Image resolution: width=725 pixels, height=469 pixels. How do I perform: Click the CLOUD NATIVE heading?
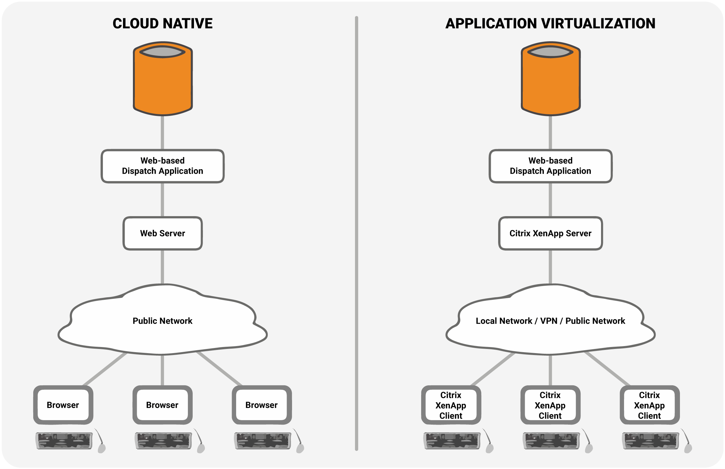click(x=162, y=24)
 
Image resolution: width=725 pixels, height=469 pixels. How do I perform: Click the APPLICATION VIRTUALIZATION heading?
click(x=550, y=24)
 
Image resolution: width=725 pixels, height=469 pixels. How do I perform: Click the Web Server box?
click(x=163, y=233)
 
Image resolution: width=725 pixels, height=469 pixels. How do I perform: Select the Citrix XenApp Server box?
click(x=550, y=233)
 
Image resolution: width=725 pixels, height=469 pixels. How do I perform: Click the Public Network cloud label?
click(x=162, y=321)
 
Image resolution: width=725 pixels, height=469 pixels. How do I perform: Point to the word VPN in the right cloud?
click(x=549, y=321)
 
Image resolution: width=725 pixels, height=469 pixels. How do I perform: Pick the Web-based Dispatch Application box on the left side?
click(x=162, y=166)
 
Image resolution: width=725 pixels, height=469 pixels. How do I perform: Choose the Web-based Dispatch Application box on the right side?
click(x=550, y=166)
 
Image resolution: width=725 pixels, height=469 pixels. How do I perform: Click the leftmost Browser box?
click(x=63, y=405)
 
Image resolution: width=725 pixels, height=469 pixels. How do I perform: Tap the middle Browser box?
click(x=162, y=405)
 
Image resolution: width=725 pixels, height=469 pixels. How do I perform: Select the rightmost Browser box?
click(x=261, y=405)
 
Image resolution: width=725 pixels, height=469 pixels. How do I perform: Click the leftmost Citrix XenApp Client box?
click(x=451, y=405)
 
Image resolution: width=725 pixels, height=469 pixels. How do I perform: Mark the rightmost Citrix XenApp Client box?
click(x=649, y=405)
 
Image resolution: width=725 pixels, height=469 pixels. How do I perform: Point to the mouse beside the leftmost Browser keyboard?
click(x=102, y=448)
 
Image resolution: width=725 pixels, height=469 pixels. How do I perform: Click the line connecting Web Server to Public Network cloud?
click(x=162, y=267)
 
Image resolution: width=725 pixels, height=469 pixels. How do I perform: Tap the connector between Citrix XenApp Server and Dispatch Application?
click(x=550, y=200)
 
